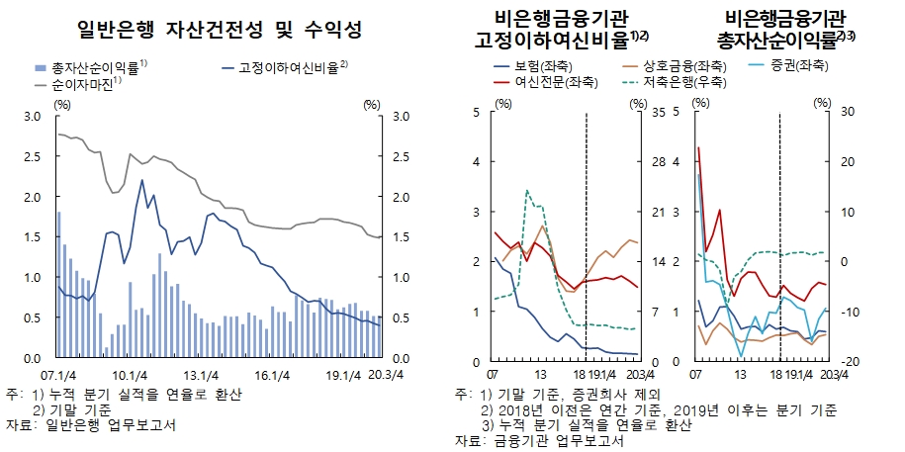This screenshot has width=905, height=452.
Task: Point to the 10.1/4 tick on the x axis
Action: (x=130, y=374)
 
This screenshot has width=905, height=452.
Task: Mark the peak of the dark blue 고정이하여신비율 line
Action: (x=142, y=181)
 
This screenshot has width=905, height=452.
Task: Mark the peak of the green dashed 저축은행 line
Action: (x=527, y=191)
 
